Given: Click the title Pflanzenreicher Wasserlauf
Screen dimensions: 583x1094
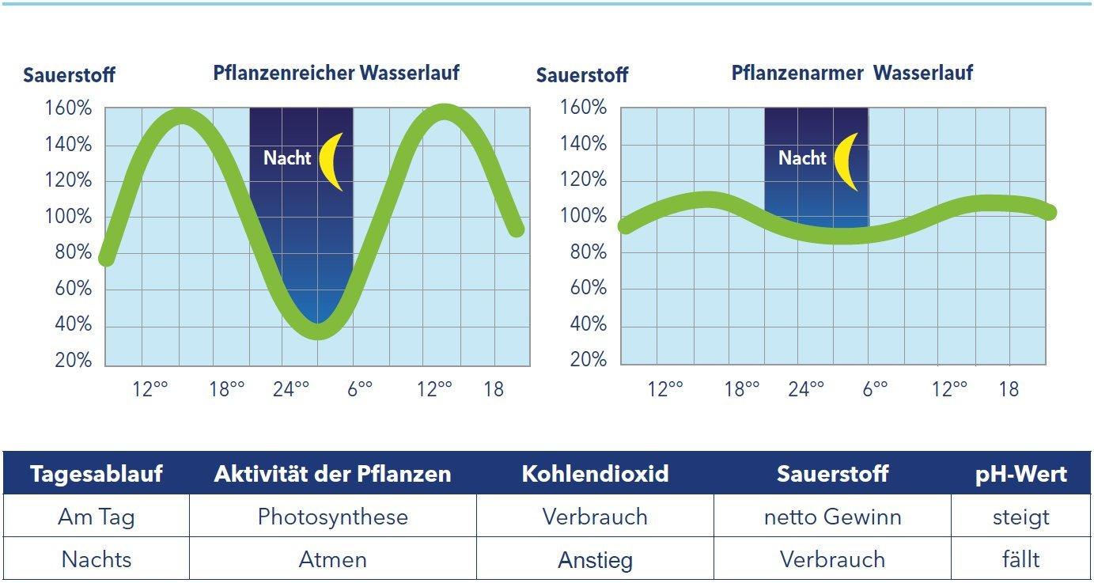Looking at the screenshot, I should pyautogui.click(x=336, y=74).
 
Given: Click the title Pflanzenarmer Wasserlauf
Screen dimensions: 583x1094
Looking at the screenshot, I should pyautogui.click(x=852, y=74).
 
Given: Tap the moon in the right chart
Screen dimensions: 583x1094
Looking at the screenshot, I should pyautogui.click(x=848, y=161).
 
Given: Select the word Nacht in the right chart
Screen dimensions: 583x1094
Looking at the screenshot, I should pyautogui.click(x=802, y=158).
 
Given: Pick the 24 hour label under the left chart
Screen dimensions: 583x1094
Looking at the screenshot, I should pyautogui.click(x=290, y=389).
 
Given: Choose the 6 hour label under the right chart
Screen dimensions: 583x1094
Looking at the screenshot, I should pyautogui.click(x=874, y=389).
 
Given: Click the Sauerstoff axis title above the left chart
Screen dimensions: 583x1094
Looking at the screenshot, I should pyautogui.click(x=69, y=76).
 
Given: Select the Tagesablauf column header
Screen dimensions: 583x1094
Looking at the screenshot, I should pyautogui.click(x=97, y=474).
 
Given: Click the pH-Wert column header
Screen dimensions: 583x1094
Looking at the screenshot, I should pyautogui.click(x=1021, y=474).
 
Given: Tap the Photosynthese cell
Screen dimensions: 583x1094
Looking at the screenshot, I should pyautogui.click(x=333, y=517).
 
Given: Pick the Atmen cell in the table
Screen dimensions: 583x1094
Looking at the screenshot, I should pyautogui.click(x=333, y=560).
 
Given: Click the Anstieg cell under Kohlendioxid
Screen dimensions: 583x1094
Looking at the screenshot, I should pyautogui.click(x=595, y=561).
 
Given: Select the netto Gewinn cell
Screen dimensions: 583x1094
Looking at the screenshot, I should pyautogui.click(x=832, y=517).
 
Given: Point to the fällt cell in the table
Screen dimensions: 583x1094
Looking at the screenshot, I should pyautogui.click(x=1021, y=560).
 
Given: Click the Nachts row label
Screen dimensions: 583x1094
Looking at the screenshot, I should pyautogui.click(x=97, y=560).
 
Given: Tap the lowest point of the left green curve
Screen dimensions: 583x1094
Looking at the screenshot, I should pyautogui.click(x=318, y=331).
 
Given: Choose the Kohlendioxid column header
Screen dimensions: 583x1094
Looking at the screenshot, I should pyautogui.click(x=595, y=474).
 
